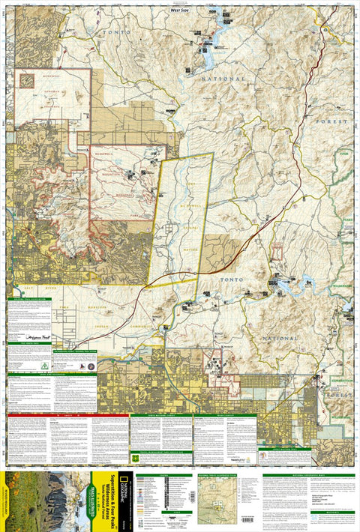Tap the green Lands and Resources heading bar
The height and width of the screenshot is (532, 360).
(x=30, y=375)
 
